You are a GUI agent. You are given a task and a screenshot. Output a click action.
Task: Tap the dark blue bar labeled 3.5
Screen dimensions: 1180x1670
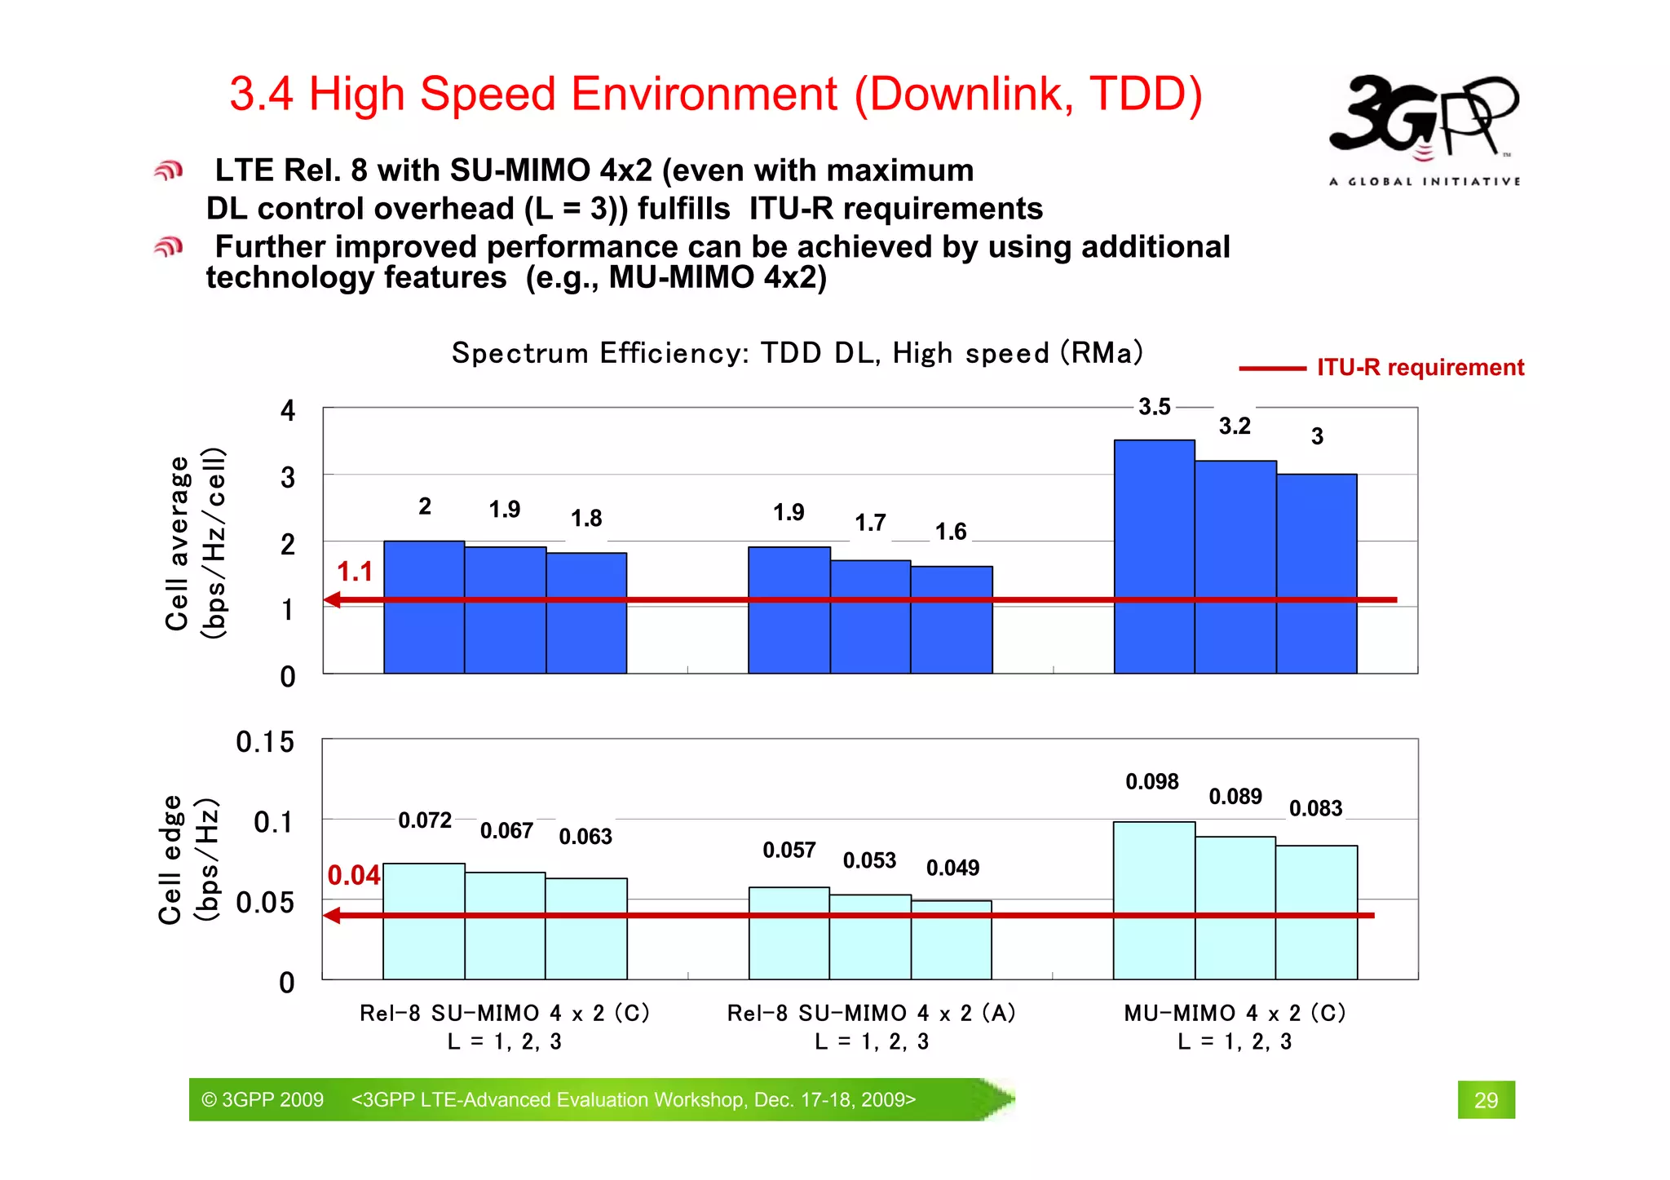[1154, 555]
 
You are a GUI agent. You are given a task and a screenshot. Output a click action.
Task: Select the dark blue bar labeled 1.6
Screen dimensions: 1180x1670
[951, 620]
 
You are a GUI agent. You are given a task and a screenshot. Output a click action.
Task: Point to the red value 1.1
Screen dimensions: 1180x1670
[354, 572]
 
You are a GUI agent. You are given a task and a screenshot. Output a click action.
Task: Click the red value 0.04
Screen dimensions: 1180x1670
[353, 876]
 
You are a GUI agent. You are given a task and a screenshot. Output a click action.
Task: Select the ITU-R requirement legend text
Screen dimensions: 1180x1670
[1420, 368]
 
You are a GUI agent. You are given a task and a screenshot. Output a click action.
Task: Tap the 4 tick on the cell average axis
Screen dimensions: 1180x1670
[287, 410]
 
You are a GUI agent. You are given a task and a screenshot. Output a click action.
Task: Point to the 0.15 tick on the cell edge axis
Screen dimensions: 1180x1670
[265, 742]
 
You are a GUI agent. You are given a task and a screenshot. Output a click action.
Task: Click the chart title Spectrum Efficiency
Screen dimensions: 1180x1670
[797, 353]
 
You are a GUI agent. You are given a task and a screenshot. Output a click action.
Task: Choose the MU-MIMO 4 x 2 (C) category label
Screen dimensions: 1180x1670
[1234, 1013]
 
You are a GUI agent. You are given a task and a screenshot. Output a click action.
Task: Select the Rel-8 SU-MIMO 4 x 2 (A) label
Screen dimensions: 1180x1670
[871, 1013]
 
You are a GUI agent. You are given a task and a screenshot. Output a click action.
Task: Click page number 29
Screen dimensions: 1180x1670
[1486, 1100]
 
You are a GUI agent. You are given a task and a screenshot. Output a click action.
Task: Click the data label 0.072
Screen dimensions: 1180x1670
[424, 820]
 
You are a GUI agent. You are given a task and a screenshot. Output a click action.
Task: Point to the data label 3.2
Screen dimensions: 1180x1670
[1234, 426]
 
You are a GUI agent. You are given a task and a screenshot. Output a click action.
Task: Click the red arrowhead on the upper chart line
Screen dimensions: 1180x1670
[332, 600]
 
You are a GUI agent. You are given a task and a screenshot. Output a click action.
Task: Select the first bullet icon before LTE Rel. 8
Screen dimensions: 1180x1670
[169, 170]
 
